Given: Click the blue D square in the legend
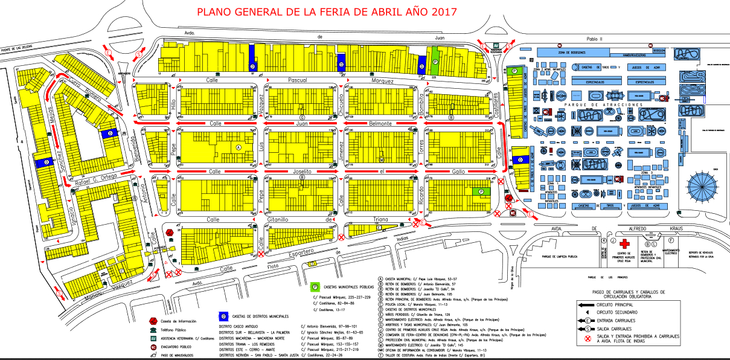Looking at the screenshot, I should pos(223,316).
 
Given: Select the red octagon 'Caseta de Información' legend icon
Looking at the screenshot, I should pos(153,321).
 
